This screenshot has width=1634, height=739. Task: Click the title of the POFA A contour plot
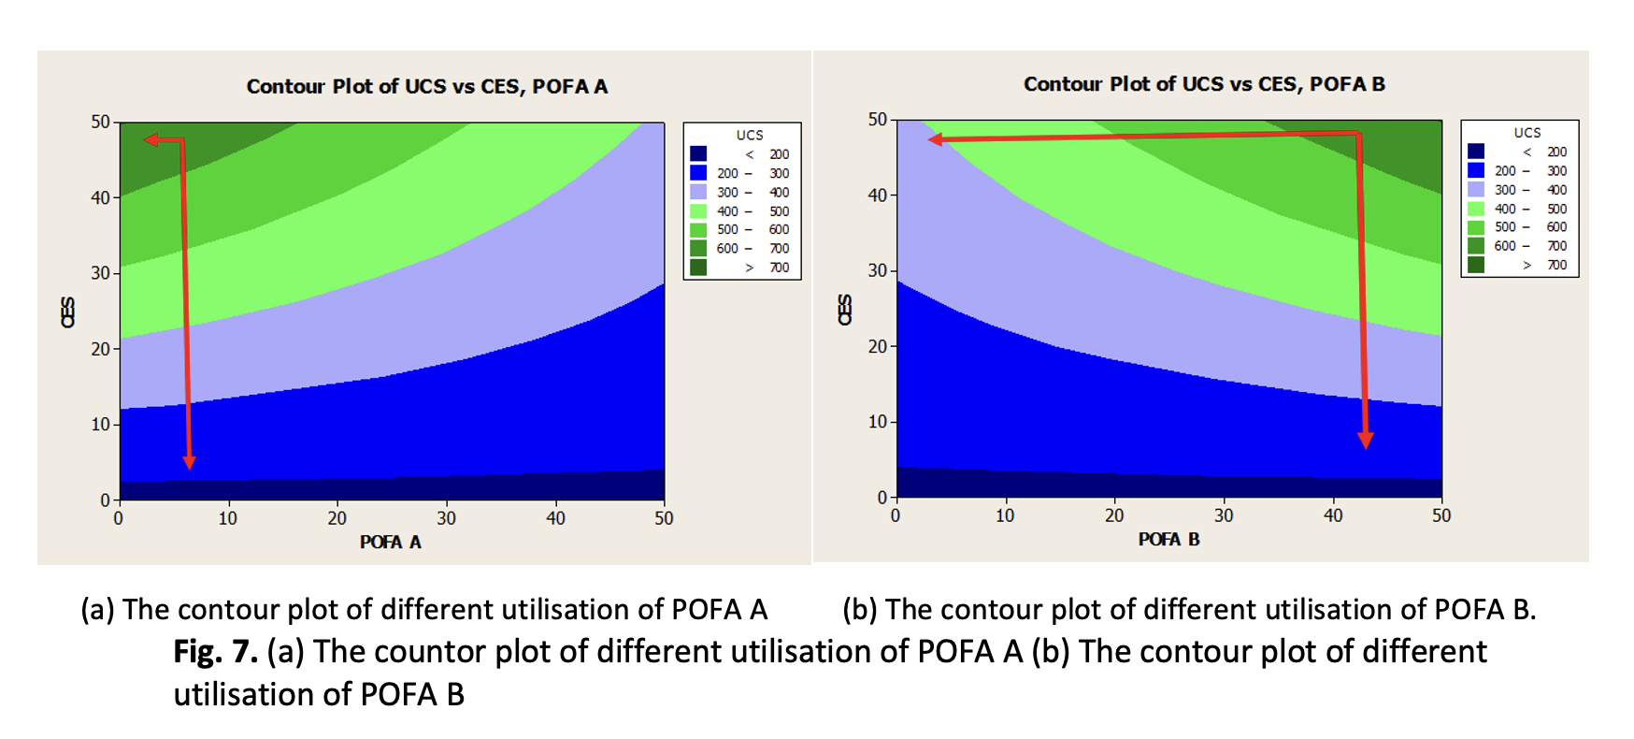coord(426,87)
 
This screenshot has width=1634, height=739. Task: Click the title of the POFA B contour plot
coord(1204,84)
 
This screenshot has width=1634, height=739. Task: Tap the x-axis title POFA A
coord(391,543)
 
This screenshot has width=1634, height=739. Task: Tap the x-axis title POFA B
coord(1168,540)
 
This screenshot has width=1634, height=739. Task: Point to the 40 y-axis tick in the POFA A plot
coord(100,198)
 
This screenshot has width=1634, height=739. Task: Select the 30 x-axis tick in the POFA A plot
coord(446,518)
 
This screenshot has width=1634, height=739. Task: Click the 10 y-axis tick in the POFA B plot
coord(877,422)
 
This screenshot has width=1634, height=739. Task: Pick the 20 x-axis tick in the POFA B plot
coord(1113,515)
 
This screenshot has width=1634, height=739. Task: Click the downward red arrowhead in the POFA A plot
coord(190,461)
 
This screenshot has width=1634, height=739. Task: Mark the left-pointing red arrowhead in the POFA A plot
coord(151,140)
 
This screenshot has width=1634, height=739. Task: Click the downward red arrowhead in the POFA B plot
coord(1366,440)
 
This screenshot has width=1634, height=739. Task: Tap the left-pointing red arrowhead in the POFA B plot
coord(935,139)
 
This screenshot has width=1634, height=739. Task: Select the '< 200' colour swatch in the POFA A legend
coord(698,154)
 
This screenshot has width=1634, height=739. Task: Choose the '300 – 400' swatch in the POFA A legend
coord(698,192)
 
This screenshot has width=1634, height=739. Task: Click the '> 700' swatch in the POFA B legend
coord(1476,265)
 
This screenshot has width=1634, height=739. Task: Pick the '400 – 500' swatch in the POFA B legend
coord(1476,209)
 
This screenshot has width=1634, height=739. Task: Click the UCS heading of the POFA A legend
coord(749,136)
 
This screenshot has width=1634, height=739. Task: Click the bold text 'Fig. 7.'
coord(215,652)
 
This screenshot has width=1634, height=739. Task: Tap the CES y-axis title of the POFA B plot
coord(845,310)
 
